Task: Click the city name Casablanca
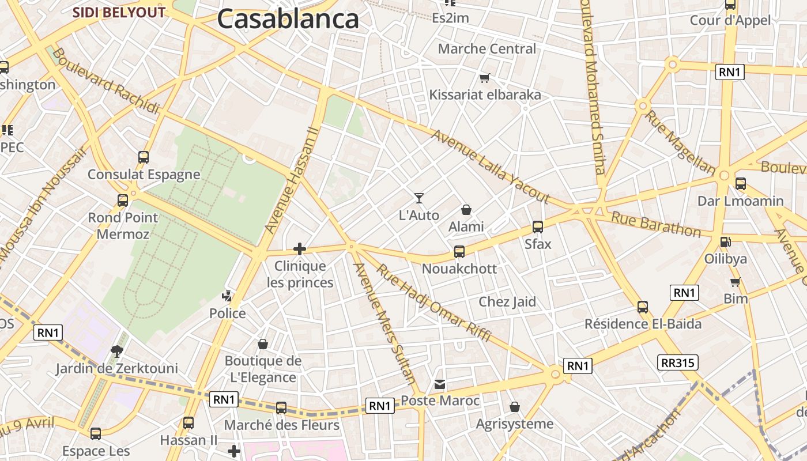point(288,18)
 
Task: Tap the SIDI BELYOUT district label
point(119,13)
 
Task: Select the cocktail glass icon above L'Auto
point(419,198)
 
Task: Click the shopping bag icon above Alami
point(466,210)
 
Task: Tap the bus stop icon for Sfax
point(538,227)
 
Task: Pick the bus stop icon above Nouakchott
point(459,252)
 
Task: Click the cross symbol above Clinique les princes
point(300,249)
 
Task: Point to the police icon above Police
point(227,297)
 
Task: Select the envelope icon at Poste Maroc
point(440,384)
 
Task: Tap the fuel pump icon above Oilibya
point(725,242)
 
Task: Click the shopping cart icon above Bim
point(735,282)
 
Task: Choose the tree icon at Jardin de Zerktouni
point(117,351)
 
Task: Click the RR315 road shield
point(677,362)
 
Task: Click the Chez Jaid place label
point(507,302)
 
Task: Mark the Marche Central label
point(487,49)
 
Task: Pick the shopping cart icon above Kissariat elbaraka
point(485,78)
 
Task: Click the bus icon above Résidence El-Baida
point(643,307)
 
